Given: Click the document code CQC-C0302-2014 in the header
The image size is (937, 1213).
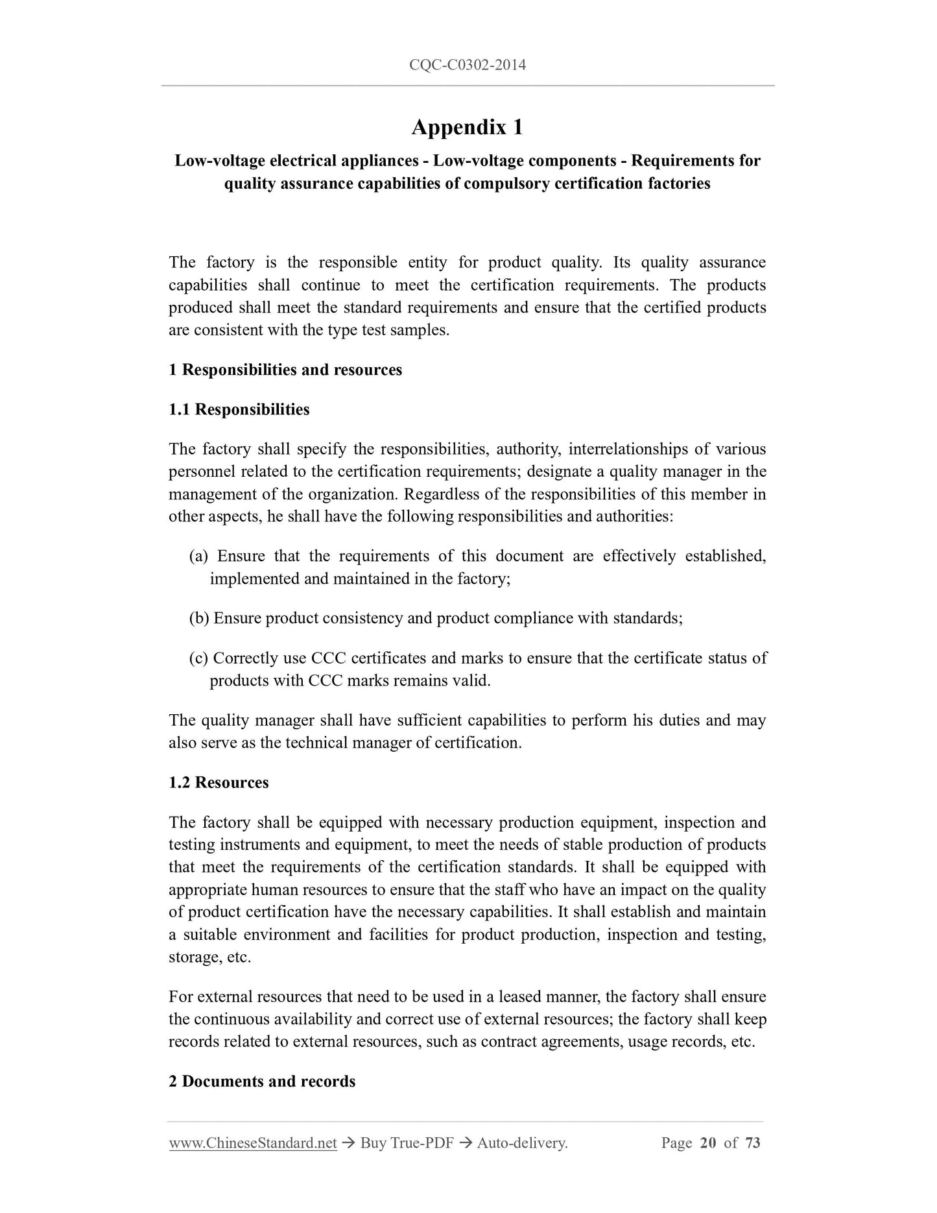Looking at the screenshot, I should pos(468,64).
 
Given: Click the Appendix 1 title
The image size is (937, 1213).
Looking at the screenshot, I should pos(467,127).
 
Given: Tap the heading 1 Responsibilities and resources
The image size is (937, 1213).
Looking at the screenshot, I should pos(285,370).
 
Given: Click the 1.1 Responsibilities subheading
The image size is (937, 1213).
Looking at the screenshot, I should pos(239,409).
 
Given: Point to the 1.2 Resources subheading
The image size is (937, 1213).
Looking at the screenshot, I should pos(219,782).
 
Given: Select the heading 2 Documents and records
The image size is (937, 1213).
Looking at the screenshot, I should pos(262,1081).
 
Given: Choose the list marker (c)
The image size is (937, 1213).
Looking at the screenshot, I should pos(198,658).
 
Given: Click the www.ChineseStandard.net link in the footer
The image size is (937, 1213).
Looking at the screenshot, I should pos(253,1143).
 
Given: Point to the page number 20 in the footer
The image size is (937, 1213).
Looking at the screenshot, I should pos(708,1143).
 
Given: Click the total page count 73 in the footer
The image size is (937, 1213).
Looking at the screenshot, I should pos(753,1143).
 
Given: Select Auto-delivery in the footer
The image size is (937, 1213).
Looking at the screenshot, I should pos(522,1143).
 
